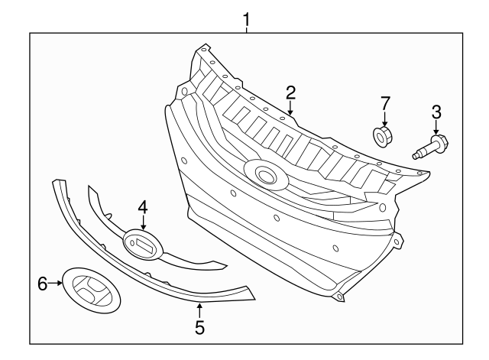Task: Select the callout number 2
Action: (290, 93)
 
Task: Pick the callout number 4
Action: (143, 207)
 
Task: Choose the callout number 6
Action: (42, 284)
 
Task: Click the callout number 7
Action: (386, 102)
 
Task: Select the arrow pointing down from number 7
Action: (385, 119)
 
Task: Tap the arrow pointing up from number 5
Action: (199, 310)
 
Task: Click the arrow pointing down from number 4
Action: (143, 222)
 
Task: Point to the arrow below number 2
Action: (291, 109)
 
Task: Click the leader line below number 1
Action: (246, 28)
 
